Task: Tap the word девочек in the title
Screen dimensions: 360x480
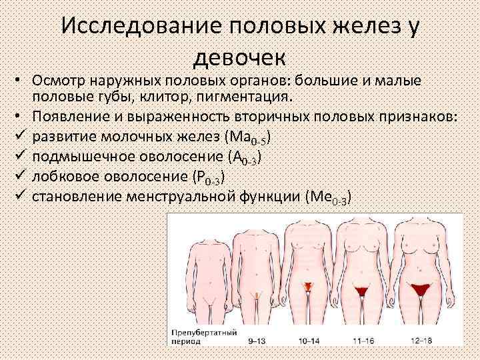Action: tap(239, 58)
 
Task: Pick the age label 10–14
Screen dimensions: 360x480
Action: tap(308, 340)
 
